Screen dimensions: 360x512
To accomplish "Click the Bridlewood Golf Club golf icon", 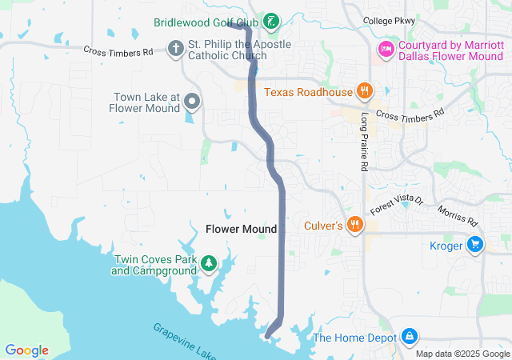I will [272, 20].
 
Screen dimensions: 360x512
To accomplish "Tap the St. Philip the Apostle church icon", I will [175, 49].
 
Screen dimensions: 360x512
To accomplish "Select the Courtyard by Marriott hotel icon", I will [386, 50].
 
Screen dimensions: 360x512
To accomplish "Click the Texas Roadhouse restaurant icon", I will [364, 91].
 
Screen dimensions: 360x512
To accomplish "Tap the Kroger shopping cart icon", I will [475, 245].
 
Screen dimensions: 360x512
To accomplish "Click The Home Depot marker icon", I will [409, 337].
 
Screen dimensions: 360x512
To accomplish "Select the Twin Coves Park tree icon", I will [208, 263].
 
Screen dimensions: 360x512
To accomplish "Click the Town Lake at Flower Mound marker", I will [192, 101].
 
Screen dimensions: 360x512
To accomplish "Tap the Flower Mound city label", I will [241, 229].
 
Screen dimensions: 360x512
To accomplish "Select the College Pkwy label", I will [390, 21].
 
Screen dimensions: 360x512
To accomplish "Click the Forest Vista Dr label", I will [401, 205].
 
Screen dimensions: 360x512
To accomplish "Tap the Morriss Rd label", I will [458, 215].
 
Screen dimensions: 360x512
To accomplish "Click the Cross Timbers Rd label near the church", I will [118, 51].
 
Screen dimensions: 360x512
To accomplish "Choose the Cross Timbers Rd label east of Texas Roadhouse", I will [410, 115].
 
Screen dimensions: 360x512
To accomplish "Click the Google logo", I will [26, 350].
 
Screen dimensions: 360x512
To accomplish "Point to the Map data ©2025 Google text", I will [462, 354].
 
